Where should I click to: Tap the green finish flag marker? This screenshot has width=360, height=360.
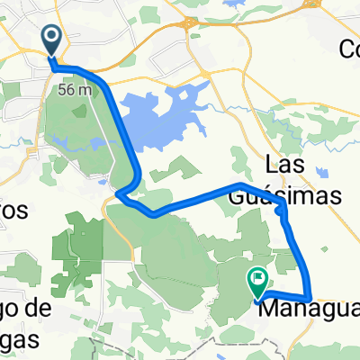click(x=259, y=281)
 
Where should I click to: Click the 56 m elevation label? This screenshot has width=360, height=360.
click(x=76, y=89)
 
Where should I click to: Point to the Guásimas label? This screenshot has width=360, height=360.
click(x=300, y=195)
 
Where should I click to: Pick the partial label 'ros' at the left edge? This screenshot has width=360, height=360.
click(x=13, y=210)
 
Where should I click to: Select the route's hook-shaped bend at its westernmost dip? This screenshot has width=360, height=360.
click(x=121, y=193)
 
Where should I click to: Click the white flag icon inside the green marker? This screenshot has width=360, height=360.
click(x=259, y=278)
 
